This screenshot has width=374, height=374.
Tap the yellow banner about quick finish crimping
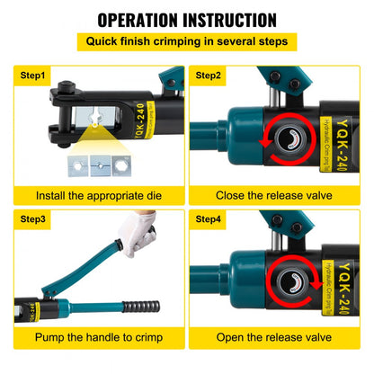pos(186,42)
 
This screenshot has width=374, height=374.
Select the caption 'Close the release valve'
pos(279,195)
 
